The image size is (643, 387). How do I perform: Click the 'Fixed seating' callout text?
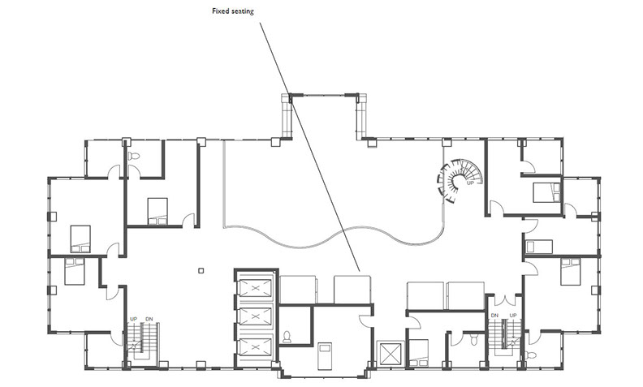(233, 11)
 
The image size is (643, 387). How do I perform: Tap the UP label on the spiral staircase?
(470, 183)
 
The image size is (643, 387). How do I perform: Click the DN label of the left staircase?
(149, 319)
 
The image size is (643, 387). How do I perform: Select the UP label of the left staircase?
(134, 319)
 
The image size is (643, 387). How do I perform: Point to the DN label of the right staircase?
(494, 316)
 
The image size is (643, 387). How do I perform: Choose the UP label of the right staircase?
(513, 316)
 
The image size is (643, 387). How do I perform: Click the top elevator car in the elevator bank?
(256, 288)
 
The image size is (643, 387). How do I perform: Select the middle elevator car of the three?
(256, 316)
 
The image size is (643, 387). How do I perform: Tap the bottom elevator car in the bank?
(256, 347)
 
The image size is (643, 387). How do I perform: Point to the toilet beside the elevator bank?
(287, 337)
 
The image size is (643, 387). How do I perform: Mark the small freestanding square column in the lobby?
(201, 270)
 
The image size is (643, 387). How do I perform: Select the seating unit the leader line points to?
(352, 290)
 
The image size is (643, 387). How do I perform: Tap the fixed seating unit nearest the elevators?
(298, 290)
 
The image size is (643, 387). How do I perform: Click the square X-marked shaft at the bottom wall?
(390, 353)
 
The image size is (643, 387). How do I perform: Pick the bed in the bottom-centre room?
(326, 356)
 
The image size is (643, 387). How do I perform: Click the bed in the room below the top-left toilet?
(158, 211)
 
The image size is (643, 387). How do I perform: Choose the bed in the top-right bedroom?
(546, 192)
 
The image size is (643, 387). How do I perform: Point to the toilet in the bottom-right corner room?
(530, 355)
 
